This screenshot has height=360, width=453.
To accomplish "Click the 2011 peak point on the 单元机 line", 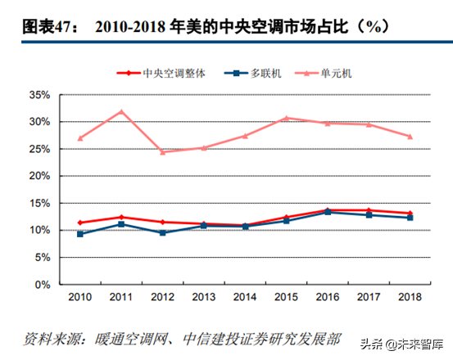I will point(121,111).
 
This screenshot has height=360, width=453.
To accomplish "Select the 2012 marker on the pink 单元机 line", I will point(163,152).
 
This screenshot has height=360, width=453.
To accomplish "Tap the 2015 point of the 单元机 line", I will point(287,118).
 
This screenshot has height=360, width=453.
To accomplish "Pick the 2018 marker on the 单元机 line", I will point(410,137).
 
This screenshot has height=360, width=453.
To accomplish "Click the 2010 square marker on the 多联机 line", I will point(80,234).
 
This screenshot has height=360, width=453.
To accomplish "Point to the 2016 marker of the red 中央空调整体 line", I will point(328,210).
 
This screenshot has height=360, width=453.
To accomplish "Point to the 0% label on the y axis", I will point(43,285).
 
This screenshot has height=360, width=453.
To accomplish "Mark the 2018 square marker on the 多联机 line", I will point(410,218).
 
